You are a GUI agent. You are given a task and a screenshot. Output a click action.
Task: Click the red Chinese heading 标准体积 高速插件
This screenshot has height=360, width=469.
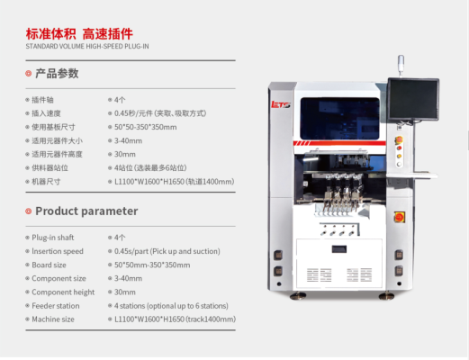point(79,34)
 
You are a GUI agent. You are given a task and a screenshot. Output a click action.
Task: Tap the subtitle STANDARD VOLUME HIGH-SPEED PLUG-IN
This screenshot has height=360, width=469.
point(87,47)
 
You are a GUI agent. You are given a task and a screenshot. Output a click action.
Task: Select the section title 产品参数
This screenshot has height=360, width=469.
point(57,74)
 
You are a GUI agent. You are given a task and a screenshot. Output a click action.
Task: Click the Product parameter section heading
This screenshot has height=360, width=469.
point(86,211)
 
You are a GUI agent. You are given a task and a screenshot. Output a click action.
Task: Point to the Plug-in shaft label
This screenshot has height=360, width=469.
point(53,238)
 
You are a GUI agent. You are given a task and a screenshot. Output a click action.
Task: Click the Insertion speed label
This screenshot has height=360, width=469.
point(58,251)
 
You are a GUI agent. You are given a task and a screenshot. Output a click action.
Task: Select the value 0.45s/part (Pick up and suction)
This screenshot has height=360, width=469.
point(167,251)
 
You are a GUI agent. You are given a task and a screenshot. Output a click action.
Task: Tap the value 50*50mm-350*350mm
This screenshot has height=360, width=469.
point(152,265)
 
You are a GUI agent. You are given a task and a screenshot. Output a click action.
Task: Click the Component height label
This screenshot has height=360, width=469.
point(63,292)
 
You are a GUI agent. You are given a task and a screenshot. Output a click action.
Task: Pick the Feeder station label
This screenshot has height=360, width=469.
point(56,306)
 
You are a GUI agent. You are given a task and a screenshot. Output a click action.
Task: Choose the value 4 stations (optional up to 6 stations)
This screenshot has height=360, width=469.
point(171,306)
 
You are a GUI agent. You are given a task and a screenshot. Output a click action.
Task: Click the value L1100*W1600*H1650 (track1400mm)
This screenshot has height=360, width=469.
point(175,319)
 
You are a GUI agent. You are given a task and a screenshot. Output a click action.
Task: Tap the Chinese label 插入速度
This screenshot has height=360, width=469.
point(46,113)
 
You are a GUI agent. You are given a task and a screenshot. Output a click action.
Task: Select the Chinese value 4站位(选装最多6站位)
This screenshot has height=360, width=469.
point(150,167)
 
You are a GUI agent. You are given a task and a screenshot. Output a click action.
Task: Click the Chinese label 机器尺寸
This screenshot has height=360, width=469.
point(46,182)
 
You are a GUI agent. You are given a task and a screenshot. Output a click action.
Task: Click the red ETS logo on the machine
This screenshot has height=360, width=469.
point(280,104)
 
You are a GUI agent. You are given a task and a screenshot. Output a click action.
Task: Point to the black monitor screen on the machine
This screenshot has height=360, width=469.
point(413,99)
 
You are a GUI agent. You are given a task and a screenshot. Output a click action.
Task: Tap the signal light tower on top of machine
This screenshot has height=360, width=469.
point(401,65)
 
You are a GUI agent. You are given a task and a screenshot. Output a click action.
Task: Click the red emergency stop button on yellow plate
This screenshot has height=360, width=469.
point(400,217)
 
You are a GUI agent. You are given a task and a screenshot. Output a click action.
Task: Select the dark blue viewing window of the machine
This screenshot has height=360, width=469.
point(340,118)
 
